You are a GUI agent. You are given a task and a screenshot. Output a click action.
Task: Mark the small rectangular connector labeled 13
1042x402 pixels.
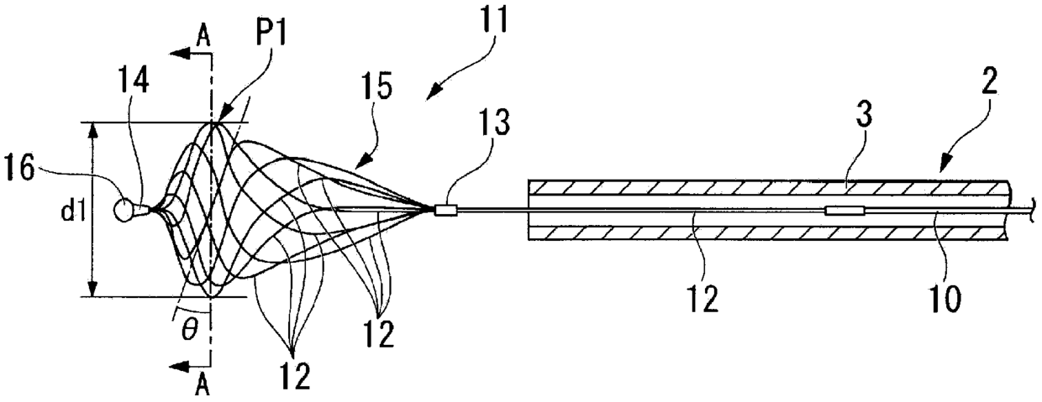point(445,211)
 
